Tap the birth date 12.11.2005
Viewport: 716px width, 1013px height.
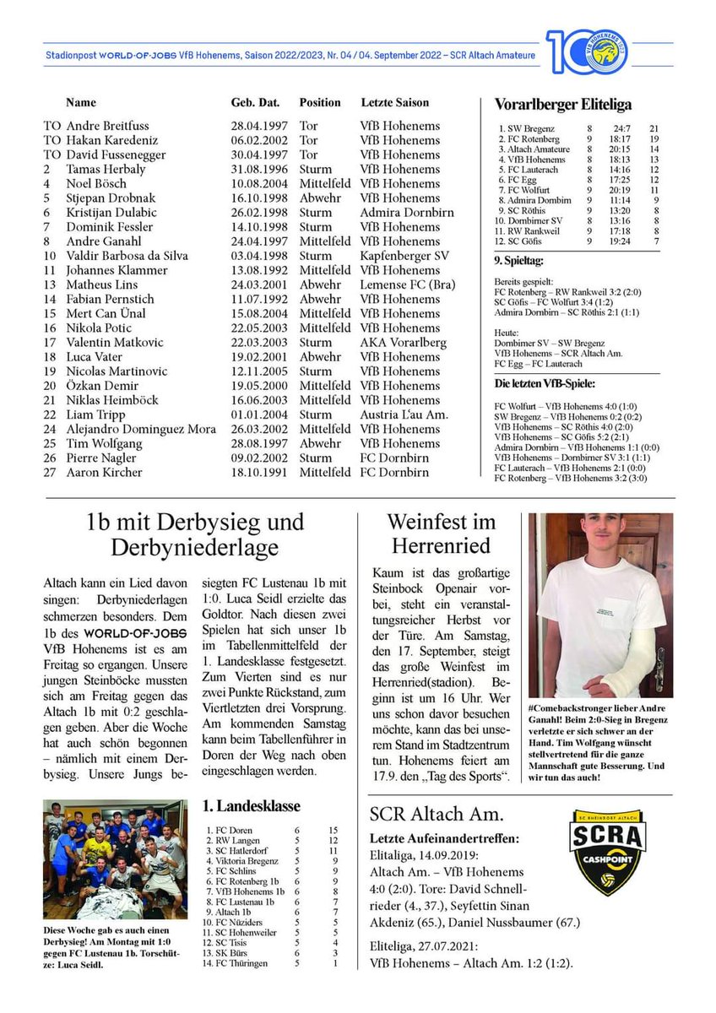(259, 371)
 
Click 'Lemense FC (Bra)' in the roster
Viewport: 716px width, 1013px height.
(404, 284)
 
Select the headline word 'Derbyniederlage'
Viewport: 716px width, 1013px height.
(194, 548)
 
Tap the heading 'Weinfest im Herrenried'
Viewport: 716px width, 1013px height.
(441, 534)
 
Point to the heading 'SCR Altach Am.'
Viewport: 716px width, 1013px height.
(436, 815)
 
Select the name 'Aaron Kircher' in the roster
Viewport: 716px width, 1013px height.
(105, 472)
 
